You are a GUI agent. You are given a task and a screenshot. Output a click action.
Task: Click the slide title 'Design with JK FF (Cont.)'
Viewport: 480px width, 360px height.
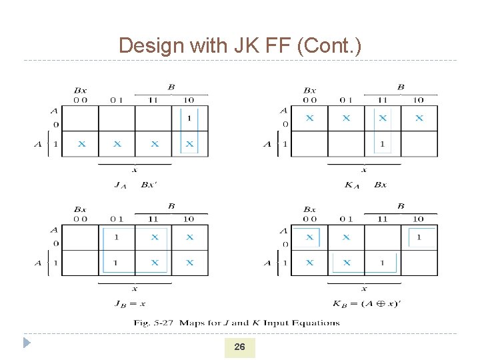click(x=240, y=45)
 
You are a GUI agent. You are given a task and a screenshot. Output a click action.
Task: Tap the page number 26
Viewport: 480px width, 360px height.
click(x=239, y=347)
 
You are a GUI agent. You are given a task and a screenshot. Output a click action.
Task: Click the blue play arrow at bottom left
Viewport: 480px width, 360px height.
click(x=27, y=343)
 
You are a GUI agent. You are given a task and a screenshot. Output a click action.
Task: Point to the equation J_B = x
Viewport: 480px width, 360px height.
click(x=129, y=304)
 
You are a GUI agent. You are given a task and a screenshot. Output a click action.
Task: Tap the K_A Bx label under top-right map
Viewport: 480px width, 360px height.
click(x=365, y=185)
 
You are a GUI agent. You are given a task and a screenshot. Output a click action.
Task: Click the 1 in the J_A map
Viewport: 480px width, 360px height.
click(x=189, y=119)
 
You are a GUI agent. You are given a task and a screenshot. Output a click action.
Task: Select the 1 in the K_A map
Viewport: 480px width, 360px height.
click(x=382, y=143)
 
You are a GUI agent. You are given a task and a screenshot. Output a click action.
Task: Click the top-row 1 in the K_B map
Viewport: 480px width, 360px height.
click(x=419, y=237)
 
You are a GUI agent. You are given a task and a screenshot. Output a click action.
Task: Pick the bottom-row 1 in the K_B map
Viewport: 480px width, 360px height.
click(x=382, y=263)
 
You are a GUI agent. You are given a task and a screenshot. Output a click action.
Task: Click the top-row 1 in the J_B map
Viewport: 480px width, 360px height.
click(x=117, y=237)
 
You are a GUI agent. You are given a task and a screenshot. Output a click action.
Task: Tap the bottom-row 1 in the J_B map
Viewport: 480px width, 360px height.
click(x=117, y=263)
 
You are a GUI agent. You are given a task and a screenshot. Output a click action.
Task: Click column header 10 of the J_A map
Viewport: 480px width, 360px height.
click(x=189, y=100)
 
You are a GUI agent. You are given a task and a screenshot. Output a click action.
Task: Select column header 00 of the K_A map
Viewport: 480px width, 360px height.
click(x=309, y=100)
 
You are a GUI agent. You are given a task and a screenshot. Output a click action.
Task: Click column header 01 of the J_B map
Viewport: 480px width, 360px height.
click(x=117, y=219)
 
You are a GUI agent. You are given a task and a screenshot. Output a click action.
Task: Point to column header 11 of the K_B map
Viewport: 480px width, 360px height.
click(x=382, y=219)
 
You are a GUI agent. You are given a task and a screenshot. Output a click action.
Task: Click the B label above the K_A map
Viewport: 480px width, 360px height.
click(x=401, y=87)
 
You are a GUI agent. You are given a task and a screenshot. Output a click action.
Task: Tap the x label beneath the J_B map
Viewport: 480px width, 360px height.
click(x=134, y=289)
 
